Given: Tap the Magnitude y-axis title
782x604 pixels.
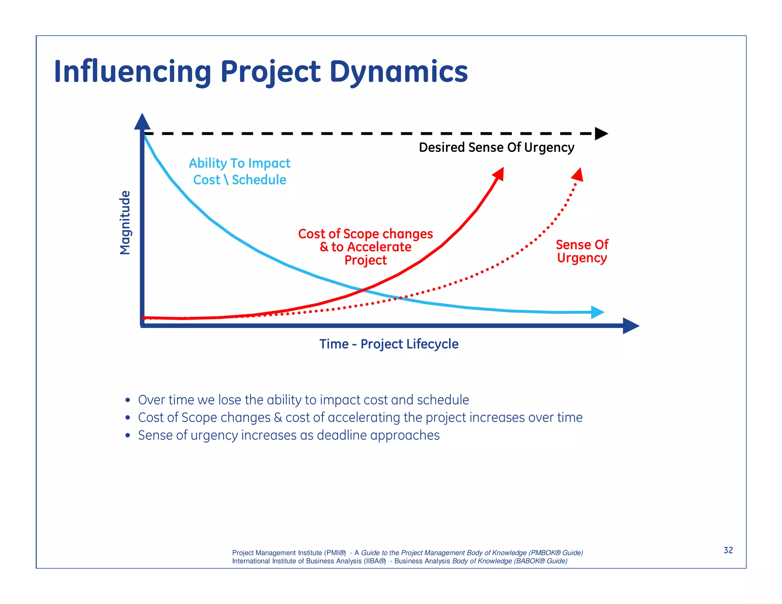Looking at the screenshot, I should click(x=125, y=223).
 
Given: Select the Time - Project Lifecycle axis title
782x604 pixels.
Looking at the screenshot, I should click(x=389, y=344).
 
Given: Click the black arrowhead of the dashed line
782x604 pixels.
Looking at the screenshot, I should click(x=601, y=134).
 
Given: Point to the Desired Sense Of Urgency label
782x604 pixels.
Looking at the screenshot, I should click(x=496, y=147).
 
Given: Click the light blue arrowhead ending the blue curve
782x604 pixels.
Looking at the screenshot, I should click(x=597, y=312).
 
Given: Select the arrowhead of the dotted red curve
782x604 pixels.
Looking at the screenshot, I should click(x=578, y=174).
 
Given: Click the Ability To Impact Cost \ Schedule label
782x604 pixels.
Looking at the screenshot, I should click(x=239, y=171).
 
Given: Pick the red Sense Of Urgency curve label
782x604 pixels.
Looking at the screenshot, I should click(x=582, y=251).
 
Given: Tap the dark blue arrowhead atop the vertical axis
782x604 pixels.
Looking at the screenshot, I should click(x=142, y=122).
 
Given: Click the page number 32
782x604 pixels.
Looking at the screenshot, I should click(x=728, y=550).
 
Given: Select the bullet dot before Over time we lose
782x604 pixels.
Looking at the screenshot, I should click(x=128, y=400).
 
